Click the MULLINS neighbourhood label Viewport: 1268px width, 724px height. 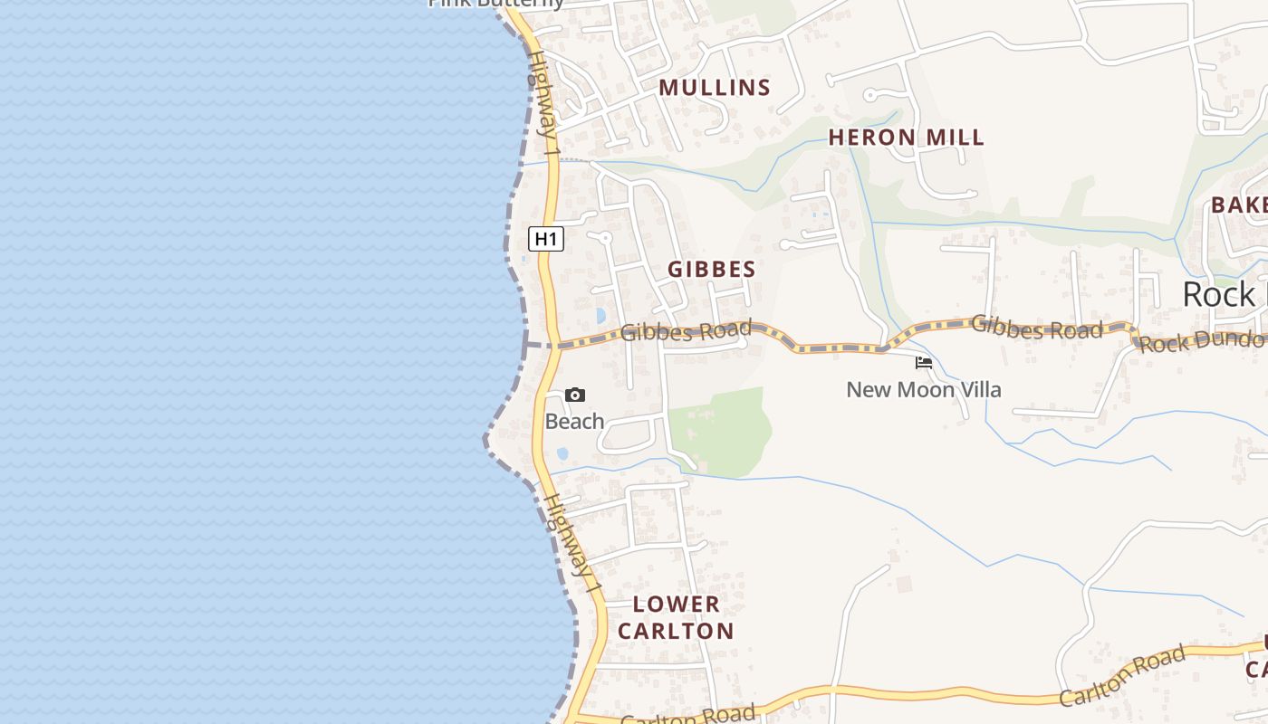[715, 88]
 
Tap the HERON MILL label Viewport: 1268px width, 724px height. [906, 138]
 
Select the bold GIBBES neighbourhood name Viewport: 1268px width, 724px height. [711, 269]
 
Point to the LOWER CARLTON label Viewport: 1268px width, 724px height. [676, 617]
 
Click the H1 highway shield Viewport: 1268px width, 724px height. [546, 239]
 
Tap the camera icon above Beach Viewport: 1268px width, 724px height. [575, 395]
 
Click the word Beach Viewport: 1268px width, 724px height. [574, 421]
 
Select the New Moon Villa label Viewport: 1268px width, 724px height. [923, 390]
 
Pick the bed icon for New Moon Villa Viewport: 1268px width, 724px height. [924, 363]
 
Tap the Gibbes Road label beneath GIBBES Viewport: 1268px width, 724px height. [687, 331]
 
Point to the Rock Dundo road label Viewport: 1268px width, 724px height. [1201, 341]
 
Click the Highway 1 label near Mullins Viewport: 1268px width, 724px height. [542, 95]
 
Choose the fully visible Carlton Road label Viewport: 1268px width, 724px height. [1123, 674]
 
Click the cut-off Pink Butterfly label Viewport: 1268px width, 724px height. [496, 4]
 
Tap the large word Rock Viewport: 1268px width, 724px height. [1219, 295]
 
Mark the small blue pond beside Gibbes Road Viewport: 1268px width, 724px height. [600, 316]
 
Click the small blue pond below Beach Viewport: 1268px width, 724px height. [562, 452]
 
